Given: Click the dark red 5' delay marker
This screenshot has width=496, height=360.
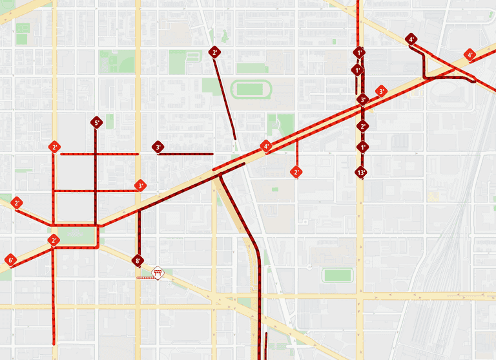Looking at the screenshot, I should (x=96, y=123).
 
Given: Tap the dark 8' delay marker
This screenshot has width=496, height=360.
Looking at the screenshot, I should (x=138, y=261).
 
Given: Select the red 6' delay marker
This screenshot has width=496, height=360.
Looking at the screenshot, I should (x=10, y=260).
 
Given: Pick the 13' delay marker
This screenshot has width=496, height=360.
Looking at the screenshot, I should (x=361, y=173).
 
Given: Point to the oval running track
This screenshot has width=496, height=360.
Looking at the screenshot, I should (x=251, y=89).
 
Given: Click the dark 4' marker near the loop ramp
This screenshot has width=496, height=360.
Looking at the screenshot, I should (x=411, y=39).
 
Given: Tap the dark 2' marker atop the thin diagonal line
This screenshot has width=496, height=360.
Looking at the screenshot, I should (x=215, y=52).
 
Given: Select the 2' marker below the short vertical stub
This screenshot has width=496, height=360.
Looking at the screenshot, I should (x=296, y=173).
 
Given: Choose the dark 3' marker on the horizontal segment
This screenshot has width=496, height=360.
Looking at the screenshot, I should (x=158, y=147).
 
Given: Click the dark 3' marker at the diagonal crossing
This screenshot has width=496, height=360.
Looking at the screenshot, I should (x=362, y=100).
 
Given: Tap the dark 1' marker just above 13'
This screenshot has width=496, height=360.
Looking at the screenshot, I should (x=362, y=147).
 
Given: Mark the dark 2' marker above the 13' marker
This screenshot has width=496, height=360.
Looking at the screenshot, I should (x=362, y=127).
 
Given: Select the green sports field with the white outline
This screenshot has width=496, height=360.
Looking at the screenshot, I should (x=337, y=275).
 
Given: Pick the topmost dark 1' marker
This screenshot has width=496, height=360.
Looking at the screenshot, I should (x=359, y=52).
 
